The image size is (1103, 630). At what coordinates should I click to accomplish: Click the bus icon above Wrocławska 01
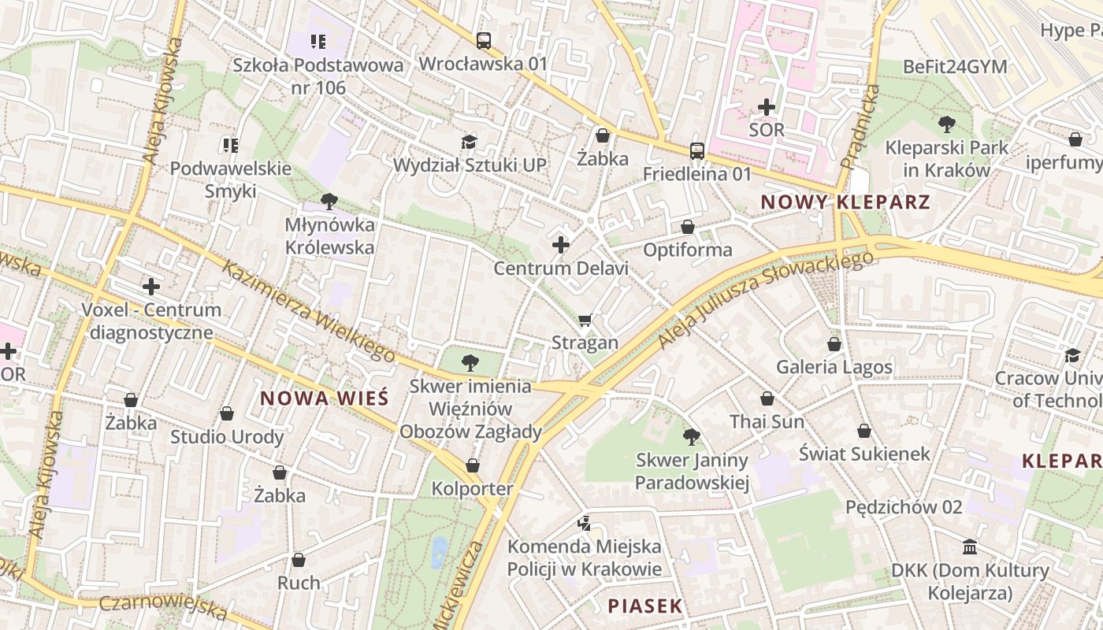point(483,40)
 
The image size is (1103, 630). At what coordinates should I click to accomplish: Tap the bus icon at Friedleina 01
point(696,150)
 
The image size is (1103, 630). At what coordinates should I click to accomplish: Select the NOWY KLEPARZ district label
point(845,202)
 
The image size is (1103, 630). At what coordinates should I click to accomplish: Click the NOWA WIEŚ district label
point(324,398)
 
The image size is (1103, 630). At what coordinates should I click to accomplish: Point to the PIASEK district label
point(644,606)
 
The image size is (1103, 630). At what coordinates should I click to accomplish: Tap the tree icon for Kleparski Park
point(946,124)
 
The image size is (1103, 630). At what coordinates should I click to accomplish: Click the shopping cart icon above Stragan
point(585,320)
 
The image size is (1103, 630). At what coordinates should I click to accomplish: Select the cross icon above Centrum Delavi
point(561,246)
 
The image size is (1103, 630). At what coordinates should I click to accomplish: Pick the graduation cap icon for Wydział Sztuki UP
point(470,142)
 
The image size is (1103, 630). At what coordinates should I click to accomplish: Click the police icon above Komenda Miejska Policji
point(584,522)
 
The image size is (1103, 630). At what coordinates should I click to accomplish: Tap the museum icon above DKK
point(970,547)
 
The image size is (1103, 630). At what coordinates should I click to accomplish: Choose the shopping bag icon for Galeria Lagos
point(834,344)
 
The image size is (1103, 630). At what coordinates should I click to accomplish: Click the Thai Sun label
point(767,422)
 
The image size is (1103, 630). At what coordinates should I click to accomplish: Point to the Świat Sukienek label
point(864,454)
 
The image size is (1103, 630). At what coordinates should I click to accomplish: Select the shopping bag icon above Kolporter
point(473,465)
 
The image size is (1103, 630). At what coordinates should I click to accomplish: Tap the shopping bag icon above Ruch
point(299,560)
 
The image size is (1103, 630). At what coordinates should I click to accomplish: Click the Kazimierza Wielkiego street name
point(308,312)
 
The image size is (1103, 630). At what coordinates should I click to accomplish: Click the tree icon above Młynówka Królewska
point(329,202)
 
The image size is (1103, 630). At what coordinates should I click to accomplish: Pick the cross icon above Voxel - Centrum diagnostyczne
point(151,287)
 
